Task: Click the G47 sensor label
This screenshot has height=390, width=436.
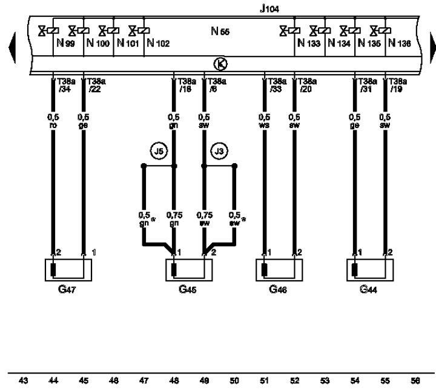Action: [x=67, y=289]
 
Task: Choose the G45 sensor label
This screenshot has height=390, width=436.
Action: [x=188, y=289]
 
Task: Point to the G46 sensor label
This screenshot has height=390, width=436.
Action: [x=279, y=289]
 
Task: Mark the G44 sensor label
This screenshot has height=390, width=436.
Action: [x=369, y=289]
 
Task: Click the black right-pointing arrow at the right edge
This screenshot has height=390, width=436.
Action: [x=431, y=44]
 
